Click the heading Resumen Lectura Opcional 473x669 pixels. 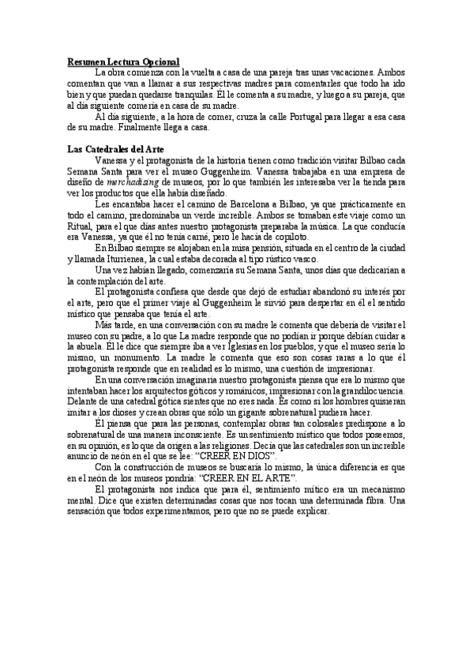coord(123,62)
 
